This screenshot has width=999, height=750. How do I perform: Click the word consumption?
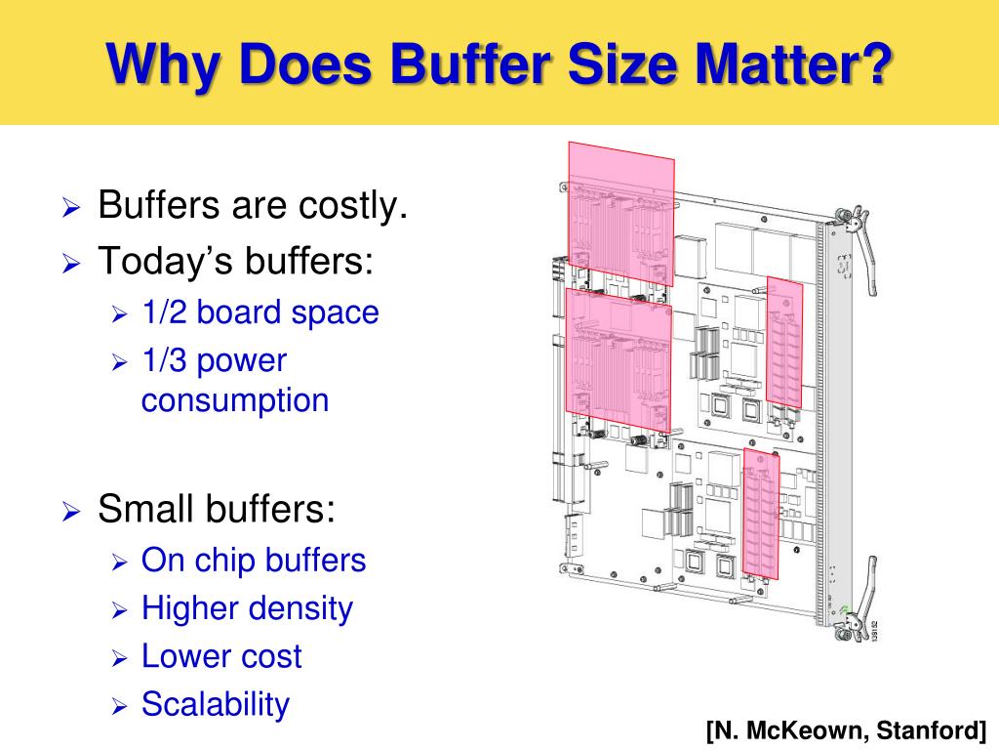click(235, 400)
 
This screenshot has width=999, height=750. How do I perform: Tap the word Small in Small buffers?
click(145, 509)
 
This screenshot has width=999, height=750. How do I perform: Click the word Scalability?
click(216, 704)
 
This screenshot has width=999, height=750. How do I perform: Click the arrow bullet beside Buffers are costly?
click(71, 208)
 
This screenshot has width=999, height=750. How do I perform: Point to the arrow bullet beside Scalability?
click(119, 705)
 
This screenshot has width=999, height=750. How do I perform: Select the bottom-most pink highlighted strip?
click(761, 512)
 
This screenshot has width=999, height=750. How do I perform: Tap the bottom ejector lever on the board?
click(855, 622)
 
